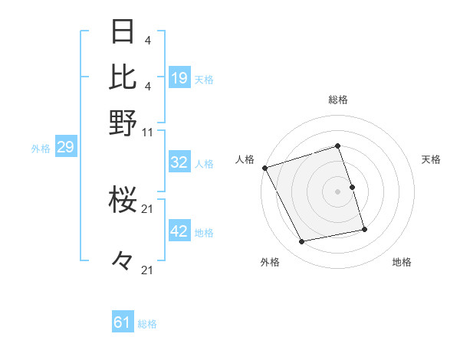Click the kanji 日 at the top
pyautogui.click(x=123, y=32)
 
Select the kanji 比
pyautogui.click(x=123, y=77)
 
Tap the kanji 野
pyautogui.click(x=123, y=123)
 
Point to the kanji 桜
pyautogui.click(x=123, y=201)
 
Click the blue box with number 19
pyautogui.click(x=179, y=78)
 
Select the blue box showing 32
pyautogui.click(x=179, y=162)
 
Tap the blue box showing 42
pyautogui.click(x=179, y=231)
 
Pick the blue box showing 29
pyautogui.click(x=65, y=148)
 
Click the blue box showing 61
pyautogui.click(x=123, y=322)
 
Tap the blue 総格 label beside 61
pyautogui.click(x=147, y=324)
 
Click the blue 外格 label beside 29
pyautogui.click(x=41, y=149)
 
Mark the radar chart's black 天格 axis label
pyautogui.click(x=431, y=159)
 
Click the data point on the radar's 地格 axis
pyautogui.click(x=364, y=229)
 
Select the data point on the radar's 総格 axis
pyautogui.click(x=338, y=146)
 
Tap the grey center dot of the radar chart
pyautogui.click(x=338, y=191)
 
